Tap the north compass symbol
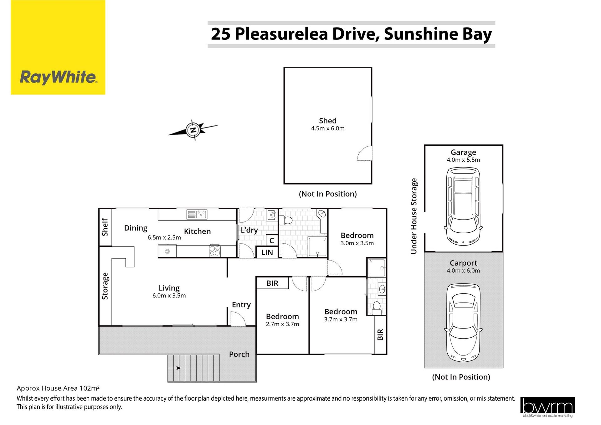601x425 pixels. click(193, 130)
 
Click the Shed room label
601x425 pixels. click(328, 121)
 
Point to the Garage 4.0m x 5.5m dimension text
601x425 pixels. click(463, 160)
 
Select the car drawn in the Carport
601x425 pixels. click(463, 323)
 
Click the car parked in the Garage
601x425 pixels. click(463, 206)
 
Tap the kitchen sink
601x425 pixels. click(197, 214)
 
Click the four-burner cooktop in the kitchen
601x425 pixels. click(215, 251)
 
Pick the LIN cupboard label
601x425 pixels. click(267, 252)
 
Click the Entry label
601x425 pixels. click(241, 305)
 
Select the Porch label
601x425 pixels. click(239, 354)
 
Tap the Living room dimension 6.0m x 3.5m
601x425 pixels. click(169, 296)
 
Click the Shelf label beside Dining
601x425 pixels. click(105, 227)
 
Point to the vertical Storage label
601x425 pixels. click(105, 286)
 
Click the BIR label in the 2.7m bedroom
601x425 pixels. click(272, 283)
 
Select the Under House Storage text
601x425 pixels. click(414, 216)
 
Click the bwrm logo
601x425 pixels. click(547, 407)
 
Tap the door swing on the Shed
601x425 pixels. click(365, 153)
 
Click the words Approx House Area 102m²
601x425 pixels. click(58, 388)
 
